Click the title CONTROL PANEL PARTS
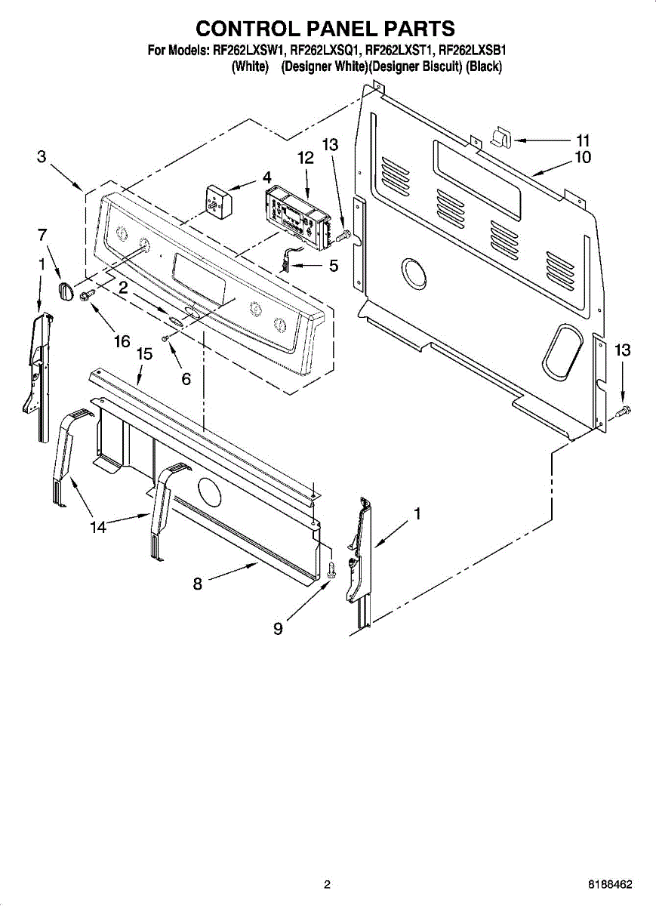325,29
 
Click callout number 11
582,140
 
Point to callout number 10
582,157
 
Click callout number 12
305,158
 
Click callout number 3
42,157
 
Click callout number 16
122,341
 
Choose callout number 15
144,353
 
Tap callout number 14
98,528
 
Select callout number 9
278,628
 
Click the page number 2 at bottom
327,884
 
